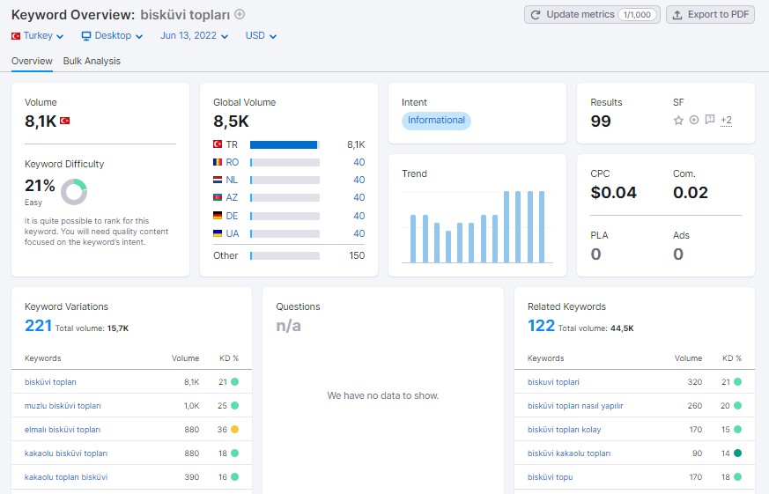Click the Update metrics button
coord(592,15)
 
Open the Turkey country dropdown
coord(38,36)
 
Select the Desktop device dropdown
coord(112,36)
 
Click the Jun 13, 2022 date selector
coord(194,36)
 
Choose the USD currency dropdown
coord(261,36)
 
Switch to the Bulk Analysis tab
coord(92,61)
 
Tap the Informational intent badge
coord(436,121)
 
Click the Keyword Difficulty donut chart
coord(74,192)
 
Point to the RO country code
coord(232,162)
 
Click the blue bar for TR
coord(284,144)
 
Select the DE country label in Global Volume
coord(232,216)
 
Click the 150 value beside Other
coord(357,255)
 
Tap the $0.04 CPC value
coord(613,193)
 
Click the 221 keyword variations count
coord(38,326)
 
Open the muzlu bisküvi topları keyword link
coord(63,406)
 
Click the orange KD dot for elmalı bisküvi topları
coord(235,430)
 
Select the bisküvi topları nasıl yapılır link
coord(575,406)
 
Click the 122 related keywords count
coord(541,326)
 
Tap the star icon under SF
coord(678,120)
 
